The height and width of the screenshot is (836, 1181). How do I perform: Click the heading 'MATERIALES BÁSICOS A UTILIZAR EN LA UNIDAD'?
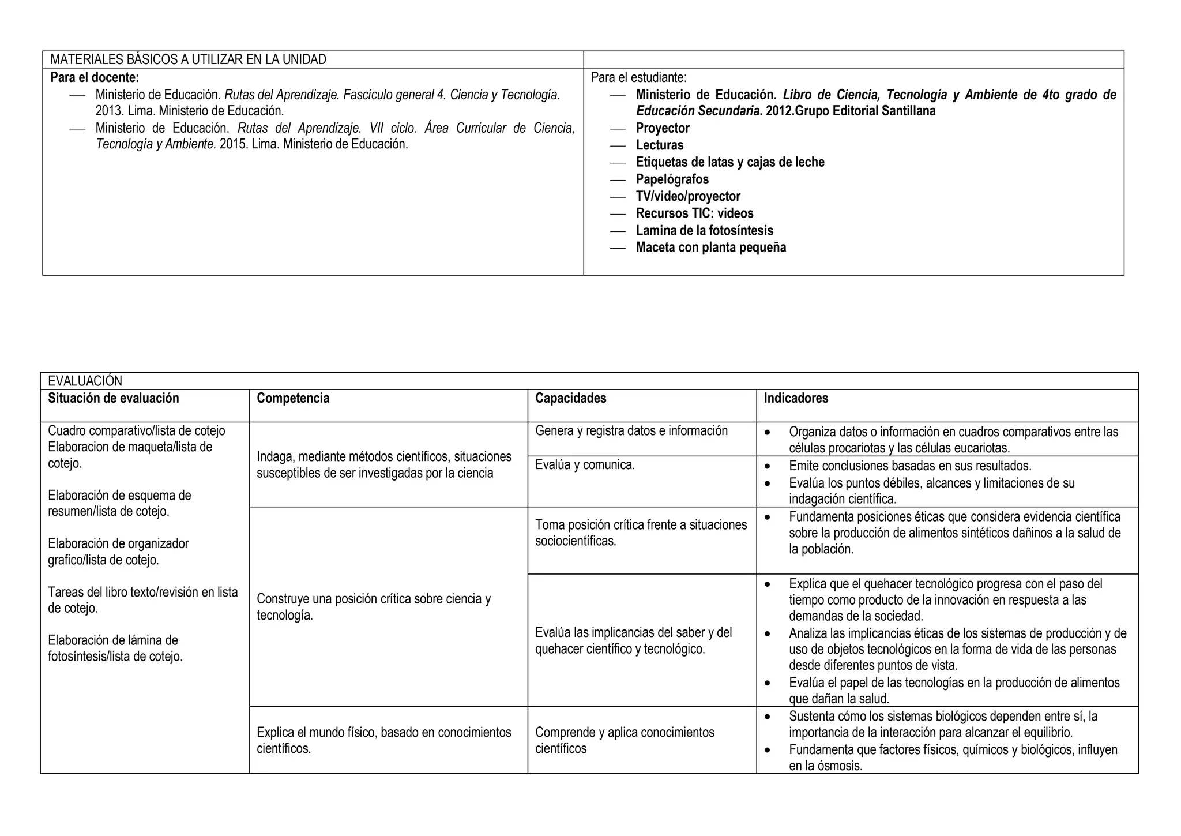[x=188, y=59]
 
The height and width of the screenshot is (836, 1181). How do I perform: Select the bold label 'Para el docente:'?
[x=95, y=77]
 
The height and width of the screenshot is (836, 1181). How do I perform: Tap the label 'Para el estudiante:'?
[x=638, y=77]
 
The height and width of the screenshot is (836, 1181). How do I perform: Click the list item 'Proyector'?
[x=663, y=128]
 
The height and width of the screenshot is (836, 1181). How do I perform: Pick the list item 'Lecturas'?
[x=660, y=145]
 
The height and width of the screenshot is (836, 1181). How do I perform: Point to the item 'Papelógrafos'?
[x=672, y=179]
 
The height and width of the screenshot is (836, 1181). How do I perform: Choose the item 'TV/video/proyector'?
[x=688, y=196]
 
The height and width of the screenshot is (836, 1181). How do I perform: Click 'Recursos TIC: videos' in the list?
[x=694, y=213]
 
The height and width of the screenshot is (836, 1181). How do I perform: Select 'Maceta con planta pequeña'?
[x=710, y=248]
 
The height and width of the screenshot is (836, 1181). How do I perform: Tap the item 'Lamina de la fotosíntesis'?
[x=704, y=231]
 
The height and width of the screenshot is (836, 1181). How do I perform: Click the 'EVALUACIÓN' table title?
[x=85, y=381]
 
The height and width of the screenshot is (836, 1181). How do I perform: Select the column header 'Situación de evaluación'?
[x=114, y=398]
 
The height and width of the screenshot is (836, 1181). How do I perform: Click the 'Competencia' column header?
[x=293, y=398]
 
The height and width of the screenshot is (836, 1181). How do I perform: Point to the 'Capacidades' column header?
[x=570, y=398]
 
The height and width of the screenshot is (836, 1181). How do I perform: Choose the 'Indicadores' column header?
[x=796, y=398]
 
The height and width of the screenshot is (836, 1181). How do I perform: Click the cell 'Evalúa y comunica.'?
[x=585, y=465]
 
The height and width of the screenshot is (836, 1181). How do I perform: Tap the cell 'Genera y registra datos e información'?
[x=631, y=431]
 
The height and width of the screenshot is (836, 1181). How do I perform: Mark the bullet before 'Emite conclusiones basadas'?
[x=767, y=466]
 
